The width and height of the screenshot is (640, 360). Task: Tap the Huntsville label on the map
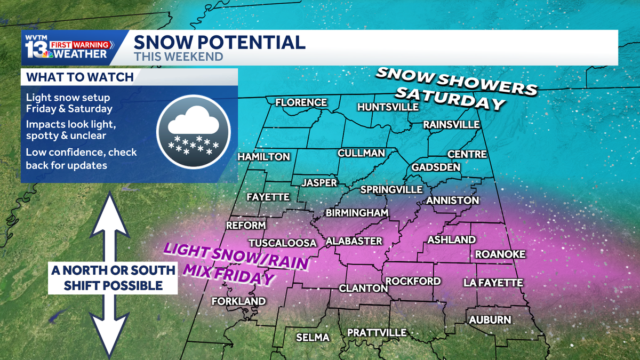388,107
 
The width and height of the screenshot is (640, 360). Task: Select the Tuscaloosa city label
283,242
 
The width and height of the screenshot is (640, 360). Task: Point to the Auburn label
490,320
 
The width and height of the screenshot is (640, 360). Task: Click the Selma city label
313,338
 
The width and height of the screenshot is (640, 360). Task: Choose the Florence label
301,102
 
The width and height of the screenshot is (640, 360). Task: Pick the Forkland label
238,301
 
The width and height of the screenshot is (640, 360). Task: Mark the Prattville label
377,333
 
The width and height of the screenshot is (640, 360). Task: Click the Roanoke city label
500,254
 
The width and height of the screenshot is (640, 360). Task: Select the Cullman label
361,154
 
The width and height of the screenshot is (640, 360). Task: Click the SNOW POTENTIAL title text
219,42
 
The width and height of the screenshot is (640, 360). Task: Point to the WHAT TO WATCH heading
80,77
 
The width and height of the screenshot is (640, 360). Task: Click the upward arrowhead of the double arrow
110,213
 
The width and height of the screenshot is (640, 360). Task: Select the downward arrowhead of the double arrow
110,336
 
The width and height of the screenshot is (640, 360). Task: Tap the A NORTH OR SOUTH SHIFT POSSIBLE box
113,278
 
